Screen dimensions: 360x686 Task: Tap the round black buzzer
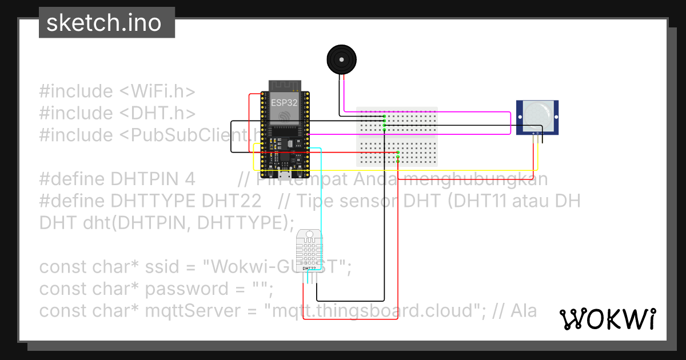[x=341, y=59]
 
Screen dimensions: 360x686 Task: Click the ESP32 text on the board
[x=284, y=103]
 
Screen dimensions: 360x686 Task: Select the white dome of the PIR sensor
[x=537, y=113]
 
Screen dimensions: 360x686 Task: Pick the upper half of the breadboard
[x=397, y=120]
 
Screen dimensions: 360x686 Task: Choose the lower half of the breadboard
[x=397, y=151]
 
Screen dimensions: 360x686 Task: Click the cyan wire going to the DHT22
[x=321, y=189]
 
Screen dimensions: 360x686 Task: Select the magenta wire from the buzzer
[x=429, y=111]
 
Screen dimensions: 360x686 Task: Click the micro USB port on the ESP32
[x=284, y=174]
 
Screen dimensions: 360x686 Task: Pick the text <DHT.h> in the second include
[x=157, y=113]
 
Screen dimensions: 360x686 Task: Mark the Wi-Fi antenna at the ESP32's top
[x=284, y=85]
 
